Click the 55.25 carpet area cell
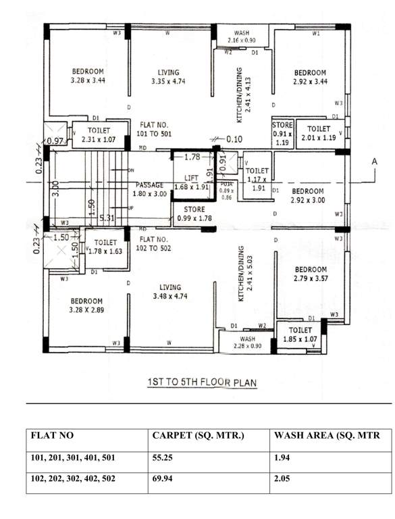pyautogui.click(x=166, y=458)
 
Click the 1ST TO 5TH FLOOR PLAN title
pyautogui.click(x=202, y=382)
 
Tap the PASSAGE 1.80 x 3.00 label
pyautogui.click(x=150, y=189)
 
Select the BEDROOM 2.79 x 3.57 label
pyautogui.click(x=310, y=274)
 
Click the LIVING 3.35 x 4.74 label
pyautogui.click(x=168, y=77)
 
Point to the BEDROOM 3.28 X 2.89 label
pyautogui.click(x=85, y=305)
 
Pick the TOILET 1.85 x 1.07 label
pyautogui.click(x=300, y=332)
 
